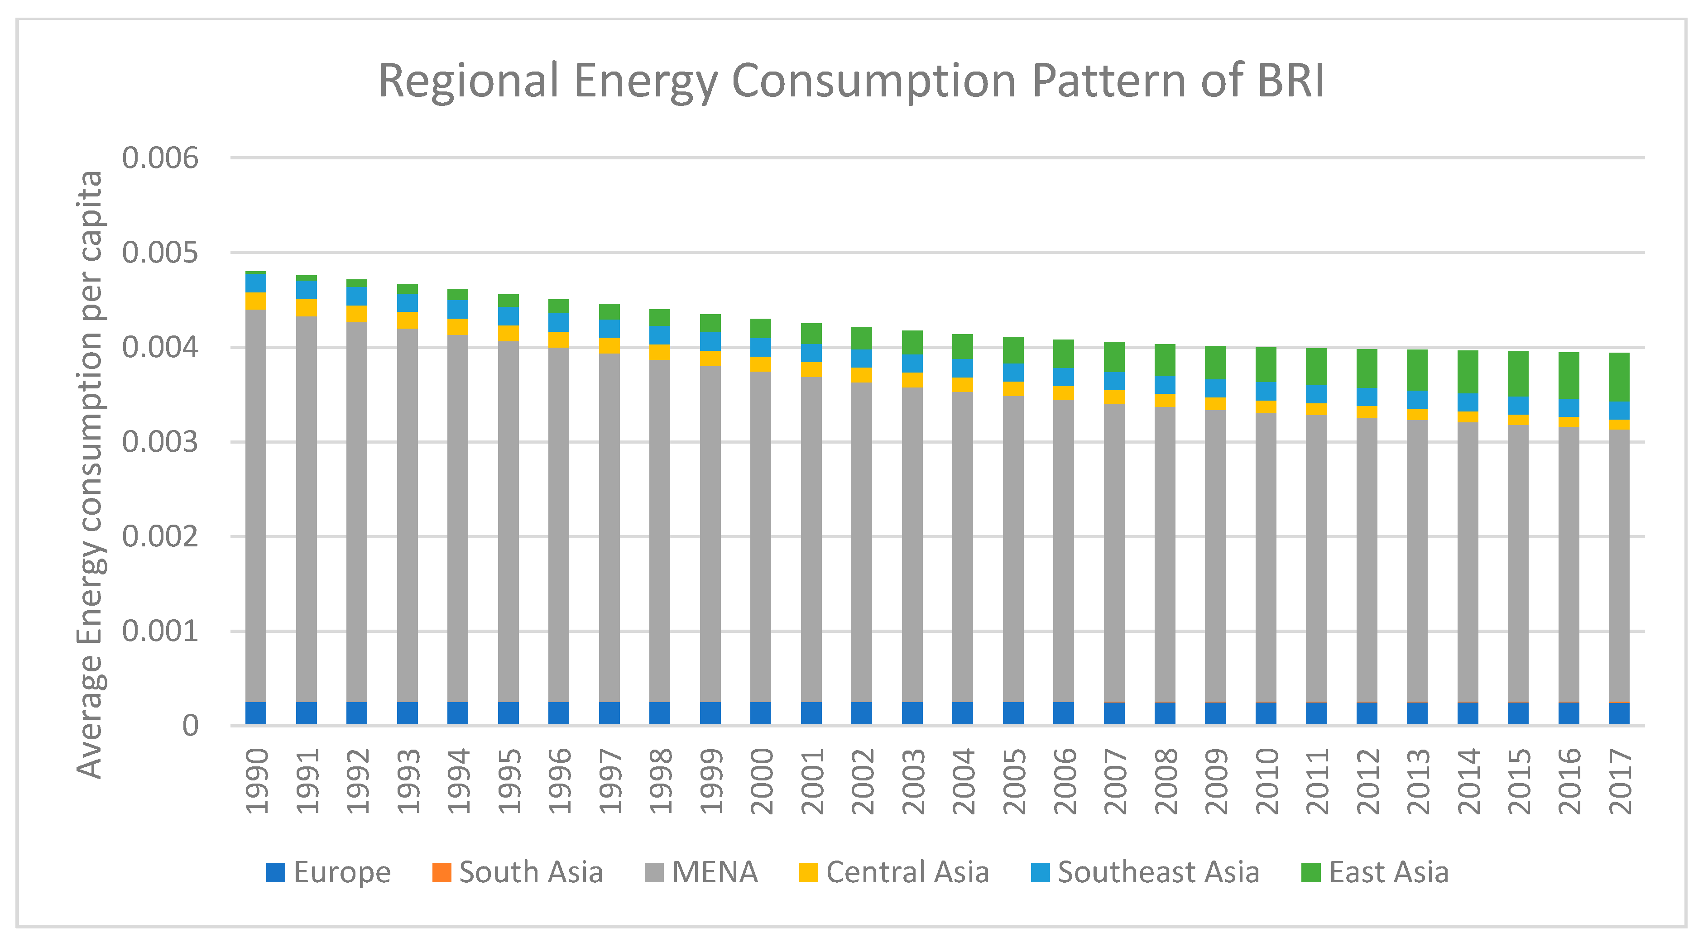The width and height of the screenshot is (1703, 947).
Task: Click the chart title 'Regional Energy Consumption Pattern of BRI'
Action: point(851,81)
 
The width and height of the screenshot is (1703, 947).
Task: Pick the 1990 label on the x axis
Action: point(256,781)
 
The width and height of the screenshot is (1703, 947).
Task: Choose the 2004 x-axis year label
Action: point(963,781)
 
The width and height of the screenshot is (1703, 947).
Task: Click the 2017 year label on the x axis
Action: point(1620,781)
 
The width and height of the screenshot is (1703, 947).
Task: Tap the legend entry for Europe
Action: point(329,872)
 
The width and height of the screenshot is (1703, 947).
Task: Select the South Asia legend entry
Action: point(518,872)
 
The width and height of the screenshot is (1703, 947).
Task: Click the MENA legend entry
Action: point(701,872)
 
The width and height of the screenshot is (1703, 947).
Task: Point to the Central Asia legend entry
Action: point(894,872)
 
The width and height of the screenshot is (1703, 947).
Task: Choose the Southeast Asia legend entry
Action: point(1145,872)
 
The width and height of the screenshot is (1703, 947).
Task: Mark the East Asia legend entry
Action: point(1375,872)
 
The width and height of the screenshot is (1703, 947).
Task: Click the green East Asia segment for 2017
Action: point(1619,377)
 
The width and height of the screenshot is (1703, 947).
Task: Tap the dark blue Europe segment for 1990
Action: point(256,713)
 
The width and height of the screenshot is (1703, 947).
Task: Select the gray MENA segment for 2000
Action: point(761,535)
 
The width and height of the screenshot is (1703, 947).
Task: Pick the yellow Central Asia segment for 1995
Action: point(509,333)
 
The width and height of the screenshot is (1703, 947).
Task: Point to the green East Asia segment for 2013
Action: point(1417,370)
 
